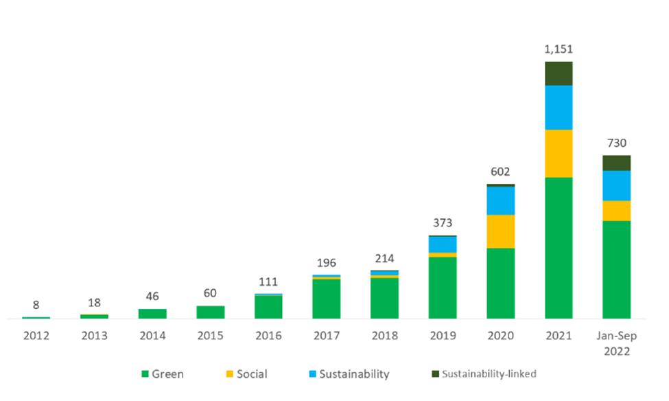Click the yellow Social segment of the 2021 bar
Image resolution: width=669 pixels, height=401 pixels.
click(559, 153)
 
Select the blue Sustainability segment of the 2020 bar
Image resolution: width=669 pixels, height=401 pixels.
click(500, 200)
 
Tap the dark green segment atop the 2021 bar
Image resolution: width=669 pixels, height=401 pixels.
click(559, 73)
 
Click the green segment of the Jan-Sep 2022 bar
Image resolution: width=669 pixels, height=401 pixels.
click(616, 269)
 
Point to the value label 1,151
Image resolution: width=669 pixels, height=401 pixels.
click(559, 49)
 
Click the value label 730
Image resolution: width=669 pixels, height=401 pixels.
click(616, 143)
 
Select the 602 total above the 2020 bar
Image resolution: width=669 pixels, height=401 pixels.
click(500, 172)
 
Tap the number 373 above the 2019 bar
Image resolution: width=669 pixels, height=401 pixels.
click(443, 223)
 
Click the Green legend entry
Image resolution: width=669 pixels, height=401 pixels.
click(162, 374)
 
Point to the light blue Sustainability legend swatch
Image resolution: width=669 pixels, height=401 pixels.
click(314, 374)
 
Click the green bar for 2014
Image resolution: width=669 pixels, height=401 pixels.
click(152, 314)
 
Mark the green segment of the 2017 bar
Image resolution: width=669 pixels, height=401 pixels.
click(326, 299)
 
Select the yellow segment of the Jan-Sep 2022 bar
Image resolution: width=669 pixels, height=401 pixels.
click(616, 210)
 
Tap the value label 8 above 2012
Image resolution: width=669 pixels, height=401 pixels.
click(36, 305)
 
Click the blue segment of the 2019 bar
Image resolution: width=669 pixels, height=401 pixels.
click(443, 244)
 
